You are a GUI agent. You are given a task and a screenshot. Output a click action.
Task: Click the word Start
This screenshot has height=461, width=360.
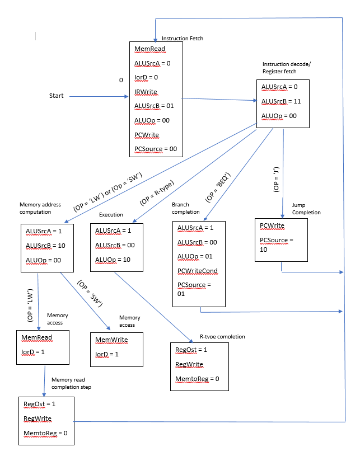[x=57, y=96]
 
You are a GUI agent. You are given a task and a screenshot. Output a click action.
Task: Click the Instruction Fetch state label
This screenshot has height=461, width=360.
[x=182, y=39]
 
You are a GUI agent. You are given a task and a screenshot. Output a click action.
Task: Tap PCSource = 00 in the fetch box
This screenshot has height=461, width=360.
[x=156, y=148]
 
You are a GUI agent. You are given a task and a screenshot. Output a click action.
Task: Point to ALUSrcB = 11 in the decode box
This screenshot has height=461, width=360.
[x=282, y=101]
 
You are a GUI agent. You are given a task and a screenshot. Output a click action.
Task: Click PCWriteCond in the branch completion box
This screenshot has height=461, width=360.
[x=197, y=271]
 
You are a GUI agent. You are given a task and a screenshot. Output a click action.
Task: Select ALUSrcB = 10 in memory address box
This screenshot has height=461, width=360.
[x=46, y=245]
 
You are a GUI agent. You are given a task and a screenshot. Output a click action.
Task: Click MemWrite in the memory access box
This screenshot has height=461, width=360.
[x=111, y=340]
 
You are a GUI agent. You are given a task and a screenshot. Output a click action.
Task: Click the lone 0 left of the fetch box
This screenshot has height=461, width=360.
[x=120, y=81]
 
